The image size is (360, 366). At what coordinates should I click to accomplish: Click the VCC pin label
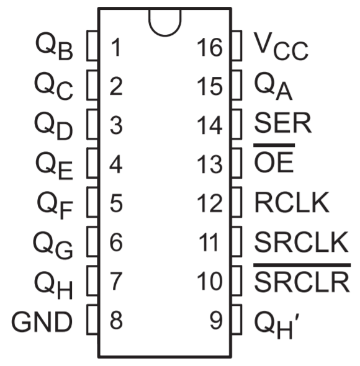[281, 47]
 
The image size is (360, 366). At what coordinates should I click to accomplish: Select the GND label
[42, 322]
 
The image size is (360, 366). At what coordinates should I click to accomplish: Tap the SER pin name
[282, 123]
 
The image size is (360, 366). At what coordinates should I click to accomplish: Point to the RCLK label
[292, 202]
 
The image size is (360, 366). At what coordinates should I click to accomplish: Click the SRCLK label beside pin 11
[302, 242]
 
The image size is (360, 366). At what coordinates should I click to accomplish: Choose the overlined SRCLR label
[302, 278]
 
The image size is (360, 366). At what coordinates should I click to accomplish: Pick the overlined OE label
[274, 158]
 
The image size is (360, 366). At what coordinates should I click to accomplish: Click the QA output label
[273, 86]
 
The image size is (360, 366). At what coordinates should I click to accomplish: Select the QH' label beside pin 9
[277, 325]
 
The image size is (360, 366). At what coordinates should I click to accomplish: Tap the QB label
[54, 47]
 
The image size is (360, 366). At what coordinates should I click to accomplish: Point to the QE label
[54, 166]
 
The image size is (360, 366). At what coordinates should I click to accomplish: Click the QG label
[53, 245]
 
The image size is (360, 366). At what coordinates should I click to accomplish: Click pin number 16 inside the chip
[210, 48]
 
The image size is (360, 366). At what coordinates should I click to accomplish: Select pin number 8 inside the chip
[116, 320]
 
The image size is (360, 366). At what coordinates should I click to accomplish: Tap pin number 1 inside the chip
[116, 48]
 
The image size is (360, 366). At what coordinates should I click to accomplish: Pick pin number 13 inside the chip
[210, 164]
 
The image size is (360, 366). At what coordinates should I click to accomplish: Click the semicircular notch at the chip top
[165, 35]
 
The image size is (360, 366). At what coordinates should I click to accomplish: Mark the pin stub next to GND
[92, 319]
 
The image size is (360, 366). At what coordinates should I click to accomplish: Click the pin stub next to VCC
[236, 46]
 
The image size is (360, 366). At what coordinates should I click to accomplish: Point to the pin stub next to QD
[92, 125]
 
